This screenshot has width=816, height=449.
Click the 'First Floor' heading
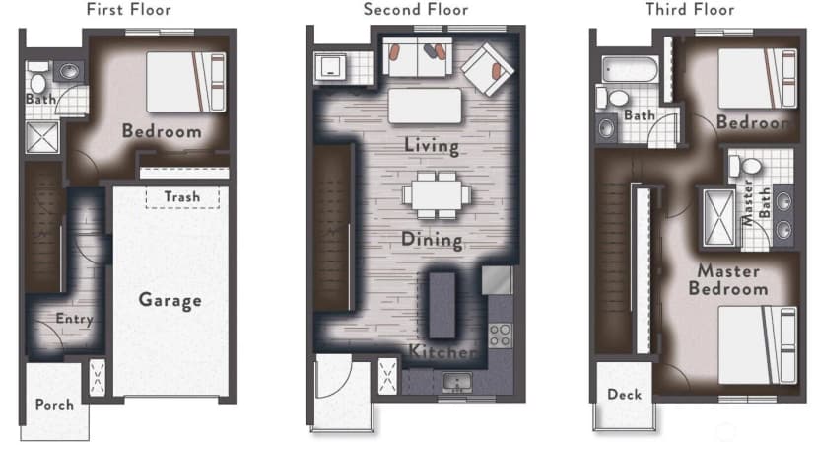(x=128, y=9)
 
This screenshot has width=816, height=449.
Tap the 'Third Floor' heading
(x=690, y=9)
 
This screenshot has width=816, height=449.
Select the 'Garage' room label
(x=170, y=301)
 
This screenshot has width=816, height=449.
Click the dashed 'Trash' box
(x=182, y=197)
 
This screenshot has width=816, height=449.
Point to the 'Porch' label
(x=54, y=405)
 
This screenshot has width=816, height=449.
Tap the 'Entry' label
(x=75, y=319)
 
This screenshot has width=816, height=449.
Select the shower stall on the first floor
(x=42, y=137)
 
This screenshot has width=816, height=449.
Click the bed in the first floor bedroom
(x=186, y=82)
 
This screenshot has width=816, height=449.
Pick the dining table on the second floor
(x=437, y=195)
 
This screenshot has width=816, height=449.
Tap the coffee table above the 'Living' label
(x=425, y=106)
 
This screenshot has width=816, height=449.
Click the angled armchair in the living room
(x=488, y=69)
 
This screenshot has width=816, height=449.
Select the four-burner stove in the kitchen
(x=500, y=336)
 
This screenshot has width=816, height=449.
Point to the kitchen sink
(x=457, y=382)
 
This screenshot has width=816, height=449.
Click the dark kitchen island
(x=442, y=305)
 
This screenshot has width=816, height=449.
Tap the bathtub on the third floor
(x=630, y=69)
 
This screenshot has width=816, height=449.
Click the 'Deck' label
(x=625, y=395)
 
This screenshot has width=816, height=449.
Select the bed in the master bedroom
(x=757, y=344)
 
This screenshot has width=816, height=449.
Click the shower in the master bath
(x=718, y=217)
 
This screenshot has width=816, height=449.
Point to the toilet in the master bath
(x=745, y=166)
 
